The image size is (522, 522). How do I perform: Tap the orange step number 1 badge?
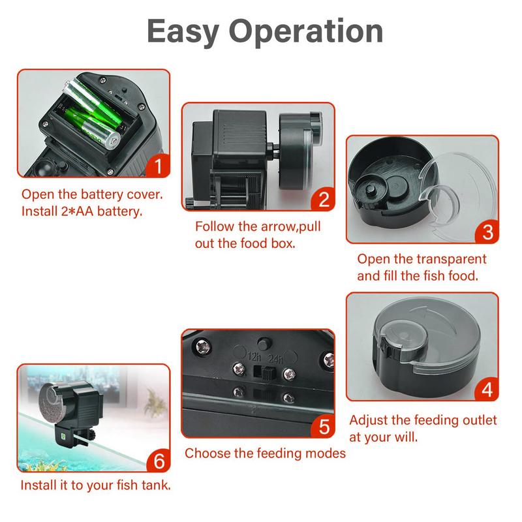[x=157, y=166]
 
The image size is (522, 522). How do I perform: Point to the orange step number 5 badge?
[x=322, y=427]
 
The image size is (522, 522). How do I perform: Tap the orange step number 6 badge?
[x=158, y=461]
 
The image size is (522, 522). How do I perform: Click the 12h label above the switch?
[x=255, y=357]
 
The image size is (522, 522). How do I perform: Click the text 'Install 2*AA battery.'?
[x=82, y=211]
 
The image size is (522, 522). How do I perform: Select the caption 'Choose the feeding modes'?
[x=265, y=453]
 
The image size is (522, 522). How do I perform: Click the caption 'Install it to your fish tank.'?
[x=95, y=485]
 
